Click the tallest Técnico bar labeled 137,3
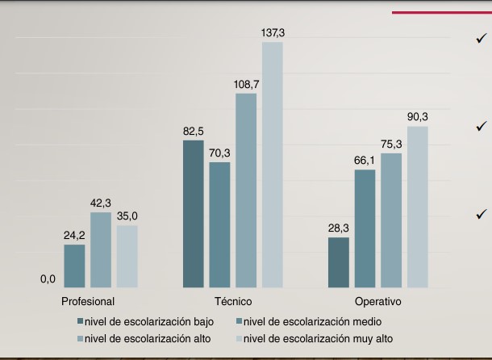[x=272, y=165]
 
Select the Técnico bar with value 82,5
[x=194, y=214]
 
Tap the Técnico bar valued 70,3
[x=219, y=225]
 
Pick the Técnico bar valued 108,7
[x=246, y=190]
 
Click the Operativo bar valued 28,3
[x=339, y=262]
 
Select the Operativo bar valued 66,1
[x=365, y=228]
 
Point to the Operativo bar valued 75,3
[x=391, y=220]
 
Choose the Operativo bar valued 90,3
[x=417, y=207]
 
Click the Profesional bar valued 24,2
[x=74, y=266]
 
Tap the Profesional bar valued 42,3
[x=101, y=249]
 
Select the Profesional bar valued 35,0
[x=127, y=256]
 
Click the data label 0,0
[x=48, y=279]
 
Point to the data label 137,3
[x=273, y=32]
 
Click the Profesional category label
[x=87, y=301]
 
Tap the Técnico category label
[x=233, y=301]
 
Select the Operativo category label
[x=377, y=301]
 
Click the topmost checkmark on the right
[x=482, y=38]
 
